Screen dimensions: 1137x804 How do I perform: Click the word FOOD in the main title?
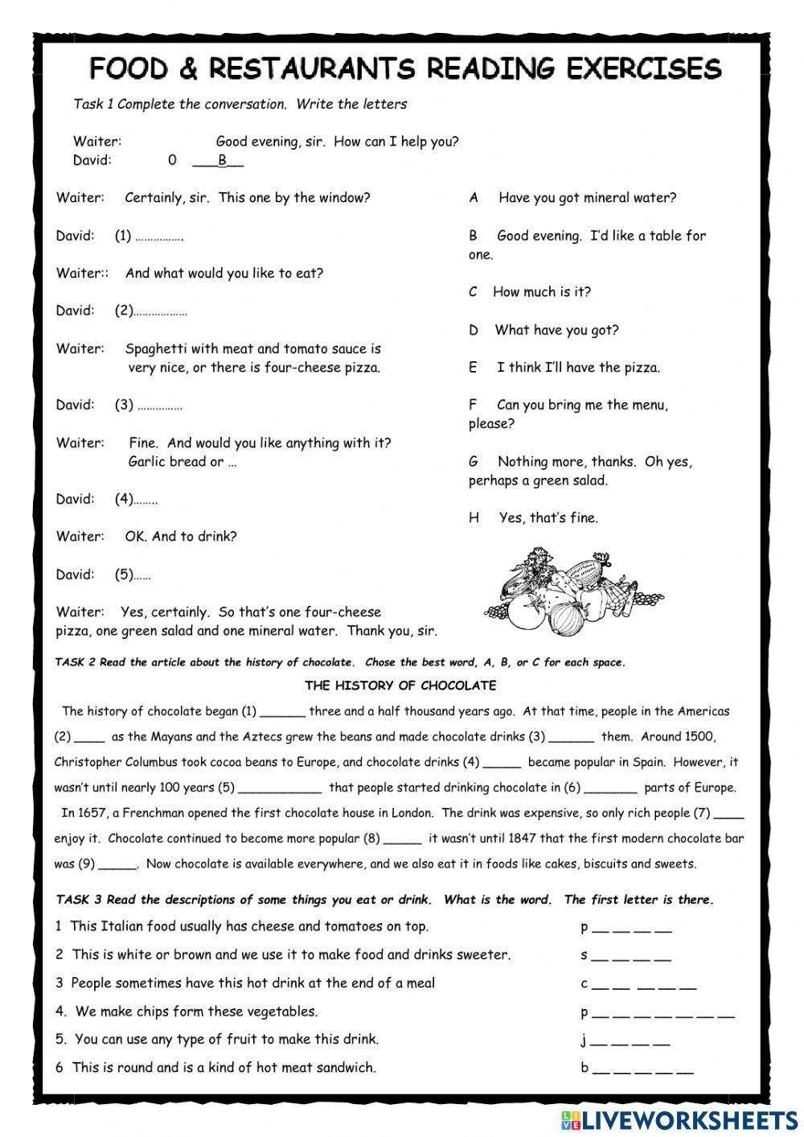click(x=129, y=69)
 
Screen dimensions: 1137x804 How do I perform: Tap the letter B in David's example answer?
click(x=223, y=160)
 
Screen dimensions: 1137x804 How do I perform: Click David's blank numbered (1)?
click(x=158, y=237)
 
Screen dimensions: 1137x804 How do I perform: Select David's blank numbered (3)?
click(x=159, y=406)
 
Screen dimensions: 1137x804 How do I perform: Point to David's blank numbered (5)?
click(x=142, y=575)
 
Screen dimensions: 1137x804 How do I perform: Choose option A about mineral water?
click(x=572, y=198)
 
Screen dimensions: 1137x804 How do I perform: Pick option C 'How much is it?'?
click(x=531, y=292)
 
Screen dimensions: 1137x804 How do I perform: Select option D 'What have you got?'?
click(x=545, y=330)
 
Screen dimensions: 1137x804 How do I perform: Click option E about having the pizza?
click(x=565, y=368)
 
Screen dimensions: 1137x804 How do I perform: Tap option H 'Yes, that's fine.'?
click(x=535, y=518)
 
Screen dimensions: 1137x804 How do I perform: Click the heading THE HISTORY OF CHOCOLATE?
click(x=400, y=686)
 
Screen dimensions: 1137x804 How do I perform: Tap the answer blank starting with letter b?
click(x=642, y=1070)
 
